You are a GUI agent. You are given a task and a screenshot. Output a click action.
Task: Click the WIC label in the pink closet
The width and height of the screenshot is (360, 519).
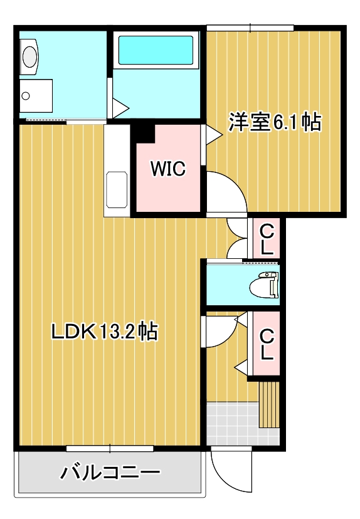(x=167, y=169)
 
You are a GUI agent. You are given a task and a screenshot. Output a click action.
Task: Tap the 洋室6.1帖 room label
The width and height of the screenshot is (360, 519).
(x=274, y=122)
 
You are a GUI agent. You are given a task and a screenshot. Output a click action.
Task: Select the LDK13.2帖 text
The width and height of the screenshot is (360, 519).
(x=104, y=331)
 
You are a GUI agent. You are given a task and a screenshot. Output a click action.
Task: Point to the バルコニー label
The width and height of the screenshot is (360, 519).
(x=110, y=472)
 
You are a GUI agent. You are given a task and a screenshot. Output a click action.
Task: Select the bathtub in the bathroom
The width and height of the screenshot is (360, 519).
(x=156, y=51)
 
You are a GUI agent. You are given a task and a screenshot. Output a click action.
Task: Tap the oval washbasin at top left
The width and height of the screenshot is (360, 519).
(x=29, y=56)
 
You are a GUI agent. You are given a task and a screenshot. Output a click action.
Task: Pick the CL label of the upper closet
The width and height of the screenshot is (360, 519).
(x=267, y=239)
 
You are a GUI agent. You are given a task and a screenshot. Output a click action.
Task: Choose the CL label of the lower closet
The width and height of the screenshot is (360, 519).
(x=267, y=344)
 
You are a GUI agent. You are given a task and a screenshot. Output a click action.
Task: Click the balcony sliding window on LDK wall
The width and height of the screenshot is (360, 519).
(x=110, y=448)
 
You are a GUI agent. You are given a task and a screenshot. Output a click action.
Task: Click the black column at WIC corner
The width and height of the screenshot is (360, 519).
(x=145, y=132)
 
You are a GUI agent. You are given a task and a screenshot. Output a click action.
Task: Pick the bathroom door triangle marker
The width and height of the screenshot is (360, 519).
(x=119, y=107)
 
